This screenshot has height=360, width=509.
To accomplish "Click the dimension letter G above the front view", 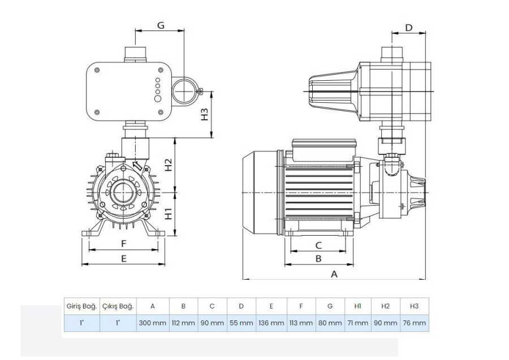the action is point(161,25).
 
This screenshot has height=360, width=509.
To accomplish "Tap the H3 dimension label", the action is point(204,114).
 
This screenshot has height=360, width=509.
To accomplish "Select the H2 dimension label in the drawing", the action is point(168,165).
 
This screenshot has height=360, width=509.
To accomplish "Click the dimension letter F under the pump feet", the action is point(123,244).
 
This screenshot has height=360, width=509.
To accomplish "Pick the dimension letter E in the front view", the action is point(123,258).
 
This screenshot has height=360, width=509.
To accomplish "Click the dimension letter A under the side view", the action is point(334,274).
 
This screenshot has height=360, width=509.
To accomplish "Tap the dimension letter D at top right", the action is point(409,28).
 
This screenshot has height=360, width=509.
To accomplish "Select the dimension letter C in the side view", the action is point(318,245).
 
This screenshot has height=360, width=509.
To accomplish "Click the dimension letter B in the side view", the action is point(318,258).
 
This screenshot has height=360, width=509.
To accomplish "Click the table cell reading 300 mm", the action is point(153,323).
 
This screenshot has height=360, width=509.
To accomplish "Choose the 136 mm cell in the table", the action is point(271,323).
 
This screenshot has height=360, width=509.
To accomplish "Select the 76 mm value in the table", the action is point(414,323).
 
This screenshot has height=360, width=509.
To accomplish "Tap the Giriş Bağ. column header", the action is point(82,306).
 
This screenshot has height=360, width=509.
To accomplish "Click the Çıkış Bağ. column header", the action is point(118,306).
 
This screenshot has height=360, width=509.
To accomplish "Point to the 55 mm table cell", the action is point(241,323).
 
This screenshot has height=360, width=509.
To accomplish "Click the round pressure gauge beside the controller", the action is point(184,91).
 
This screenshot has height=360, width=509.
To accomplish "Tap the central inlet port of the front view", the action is point(123,193).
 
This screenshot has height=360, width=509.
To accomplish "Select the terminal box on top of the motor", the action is point(324,150).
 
